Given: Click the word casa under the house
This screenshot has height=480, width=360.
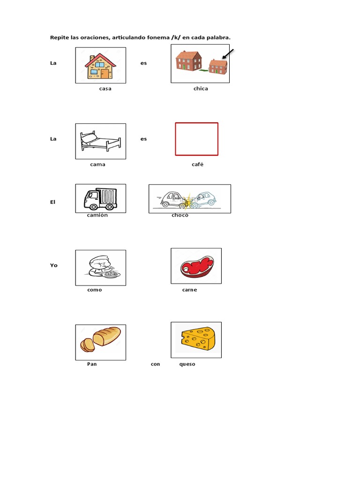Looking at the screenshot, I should [105, 89].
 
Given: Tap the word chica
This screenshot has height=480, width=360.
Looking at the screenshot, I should [201, 89].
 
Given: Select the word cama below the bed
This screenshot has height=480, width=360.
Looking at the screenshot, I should [98, 165].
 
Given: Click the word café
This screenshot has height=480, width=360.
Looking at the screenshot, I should [197, 165].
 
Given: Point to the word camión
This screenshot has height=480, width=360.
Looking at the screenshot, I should [97, 215].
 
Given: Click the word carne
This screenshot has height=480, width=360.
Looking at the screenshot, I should [189, 290].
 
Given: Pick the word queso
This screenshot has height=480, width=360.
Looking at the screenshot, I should [187, 364].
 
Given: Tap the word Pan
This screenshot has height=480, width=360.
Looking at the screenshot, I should [92, 364].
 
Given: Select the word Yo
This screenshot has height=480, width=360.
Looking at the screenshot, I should [54, 265].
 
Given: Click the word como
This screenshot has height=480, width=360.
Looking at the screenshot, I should [95, 290].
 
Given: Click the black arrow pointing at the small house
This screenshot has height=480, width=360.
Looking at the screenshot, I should [228, 54].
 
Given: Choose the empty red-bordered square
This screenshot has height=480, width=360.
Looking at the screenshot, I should [196, 139].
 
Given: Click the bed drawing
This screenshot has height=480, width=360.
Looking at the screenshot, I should [100, 141].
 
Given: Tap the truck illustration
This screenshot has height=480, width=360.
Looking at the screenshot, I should [100, 199].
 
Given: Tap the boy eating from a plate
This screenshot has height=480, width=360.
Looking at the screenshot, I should [101, 268].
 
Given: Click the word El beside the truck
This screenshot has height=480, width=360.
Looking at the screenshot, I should [53, 202].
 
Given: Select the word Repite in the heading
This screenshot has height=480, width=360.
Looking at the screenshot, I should [60, 37].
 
